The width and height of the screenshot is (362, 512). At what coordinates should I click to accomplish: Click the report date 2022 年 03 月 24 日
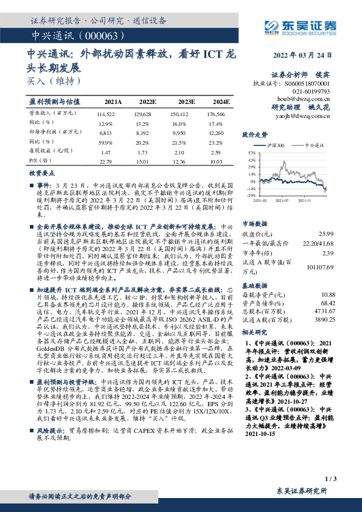point(305,55)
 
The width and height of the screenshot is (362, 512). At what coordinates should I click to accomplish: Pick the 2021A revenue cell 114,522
point(106,114)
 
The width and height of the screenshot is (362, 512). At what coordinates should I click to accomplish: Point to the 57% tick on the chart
point(252,153)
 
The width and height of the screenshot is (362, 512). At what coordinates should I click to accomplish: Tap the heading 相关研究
point(255,333)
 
